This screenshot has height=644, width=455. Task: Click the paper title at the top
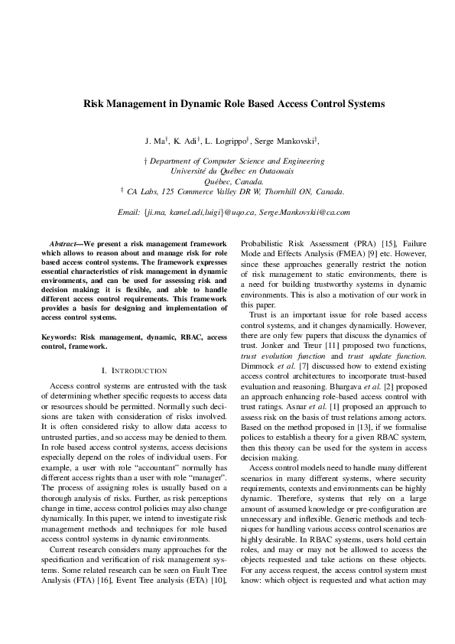tap(233, 102)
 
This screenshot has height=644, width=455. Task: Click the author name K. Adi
tap(187, 141)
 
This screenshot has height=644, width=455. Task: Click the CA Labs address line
tap(233, 191)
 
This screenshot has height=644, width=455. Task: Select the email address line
tap(233, 211)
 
